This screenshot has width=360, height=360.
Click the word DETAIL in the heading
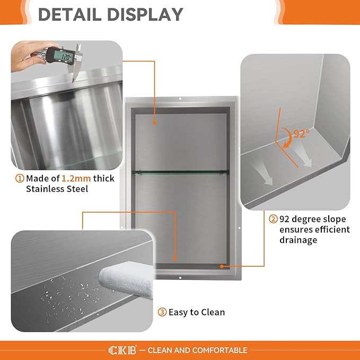[70, 14]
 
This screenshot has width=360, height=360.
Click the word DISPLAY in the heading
[145, 14]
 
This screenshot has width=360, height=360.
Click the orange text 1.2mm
[76, 178]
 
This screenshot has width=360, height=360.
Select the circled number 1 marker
[20, 178]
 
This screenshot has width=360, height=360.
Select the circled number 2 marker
[273, 219]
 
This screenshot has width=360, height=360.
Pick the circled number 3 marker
[162, 312]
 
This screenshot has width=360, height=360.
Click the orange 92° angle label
[302, 134]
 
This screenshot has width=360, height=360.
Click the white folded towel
[127, 278]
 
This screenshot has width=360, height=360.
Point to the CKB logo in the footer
[122, 350]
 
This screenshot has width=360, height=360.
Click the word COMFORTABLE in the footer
[219, 350]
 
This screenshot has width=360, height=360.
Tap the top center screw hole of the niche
[180, 99]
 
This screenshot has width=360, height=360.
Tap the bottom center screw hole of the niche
[180, 278]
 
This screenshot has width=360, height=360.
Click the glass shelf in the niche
[180, 171]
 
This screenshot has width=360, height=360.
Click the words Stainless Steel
[57, 189]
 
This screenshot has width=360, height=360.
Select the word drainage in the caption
[298, 240]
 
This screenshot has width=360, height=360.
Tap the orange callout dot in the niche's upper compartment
[154, 123]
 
